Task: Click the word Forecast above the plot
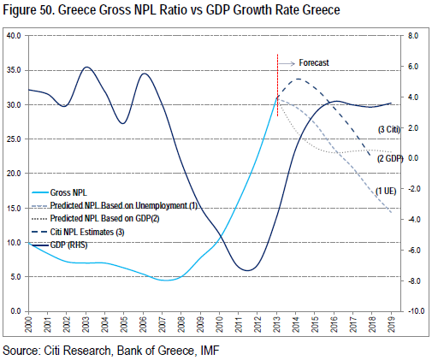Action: tap(314, 62)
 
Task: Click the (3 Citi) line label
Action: tap(389, 129)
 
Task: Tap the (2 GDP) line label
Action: tap(390, 158)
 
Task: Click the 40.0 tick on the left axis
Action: tap(14, 35)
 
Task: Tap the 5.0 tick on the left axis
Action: tap(15, 276)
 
